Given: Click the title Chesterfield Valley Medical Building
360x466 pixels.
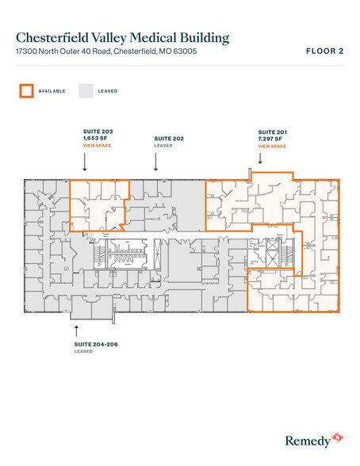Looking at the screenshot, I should coord(123,37).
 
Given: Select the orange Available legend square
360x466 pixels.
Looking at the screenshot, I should coord(26,91).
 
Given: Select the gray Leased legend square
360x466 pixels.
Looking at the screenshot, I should coord(86,91).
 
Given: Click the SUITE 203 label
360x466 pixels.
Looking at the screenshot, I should coord(98,130).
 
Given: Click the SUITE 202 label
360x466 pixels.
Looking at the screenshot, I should coord(168,138).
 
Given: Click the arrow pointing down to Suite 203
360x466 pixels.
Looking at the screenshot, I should coord(85,162).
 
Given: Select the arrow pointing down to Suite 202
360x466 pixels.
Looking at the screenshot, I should coord(155,162).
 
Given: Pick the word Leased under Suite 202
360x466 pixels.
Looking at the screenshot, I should coord(163,146).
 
